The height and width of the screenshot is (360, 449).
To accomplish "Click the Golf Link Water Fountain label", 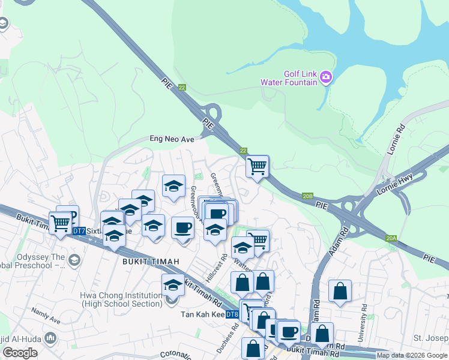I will tap(289, 78).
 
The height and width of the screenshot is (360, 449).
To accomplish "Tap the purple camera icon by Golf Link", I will tap(326, 76).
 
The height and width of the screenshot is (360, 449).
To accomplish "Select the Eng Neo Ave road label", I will tap(172, 139).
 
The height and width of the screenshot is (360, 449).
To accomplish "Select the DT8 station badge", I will tap(232, 314).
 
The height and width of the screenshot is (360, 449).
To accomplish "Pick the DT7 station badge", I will tap(79, 230).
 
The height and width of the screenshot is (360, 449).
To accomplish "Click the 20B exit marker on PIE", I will tap(308, 196).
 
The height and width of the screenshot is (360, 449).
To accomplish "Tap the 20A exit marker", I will tap(391, 239).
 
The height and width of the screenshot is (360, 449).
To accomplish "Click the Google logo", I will tap(20, 353).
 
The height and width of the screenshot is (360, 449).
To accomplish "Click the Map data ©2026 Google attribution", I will tap(412, 355).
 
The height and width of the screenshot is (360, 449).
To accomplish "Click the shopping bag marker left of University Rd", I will tap(340, 292).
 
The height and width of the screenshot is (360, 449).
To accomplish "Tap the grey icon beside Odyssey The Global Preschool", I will tap(74, 260).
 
